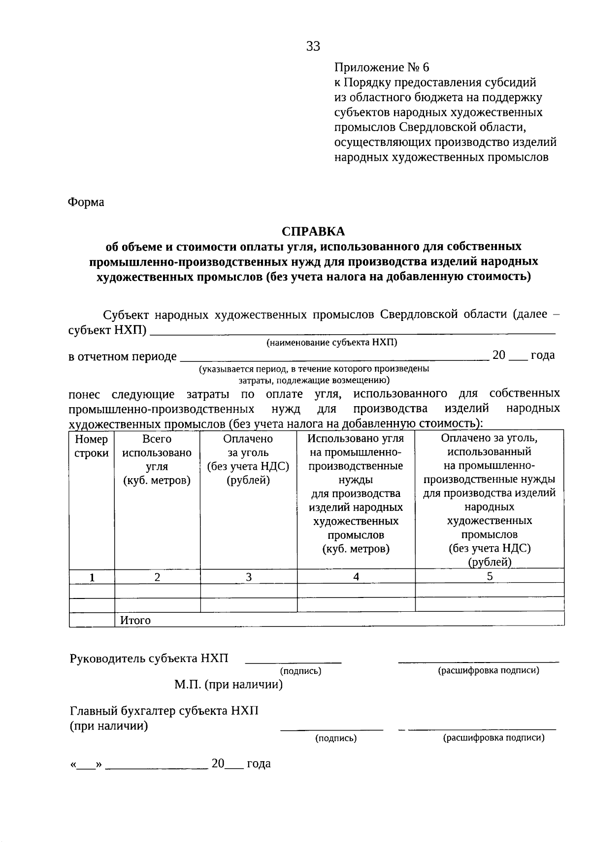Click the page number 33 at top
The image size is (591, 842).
click(313, 46)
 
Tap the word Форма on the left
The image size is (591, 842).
click(86, 202)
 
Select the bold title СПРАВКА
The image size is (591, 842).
click(313, 231)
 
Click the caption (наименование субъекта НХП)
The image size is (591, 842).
click(332, 342)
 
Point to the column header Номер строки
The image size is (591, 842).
click(92, 446)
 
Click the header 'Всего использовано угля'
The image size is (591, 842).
click(157, 459)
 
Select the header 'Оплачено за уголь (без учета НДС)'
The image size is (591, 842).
click(248, 459)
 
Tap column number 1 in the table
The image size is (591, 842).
click(92, 577)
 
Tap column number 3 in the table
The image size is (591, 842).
click(249, 577)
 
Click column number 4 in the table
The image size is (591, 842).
click(356, 577)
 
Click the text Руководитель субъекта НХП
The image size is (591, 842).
click(149, 658)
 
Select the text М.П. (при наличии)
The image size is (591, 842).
click(229, 684)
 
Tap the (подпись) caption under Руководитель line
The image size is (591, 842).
click(300, 671)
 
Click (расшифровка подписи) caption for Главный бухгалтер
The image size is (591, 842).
click(493, 738)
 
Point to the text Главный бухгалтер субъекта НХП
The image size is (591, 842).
click(164, 711)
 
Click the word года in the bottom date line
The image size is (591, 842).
click(259, 764)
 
